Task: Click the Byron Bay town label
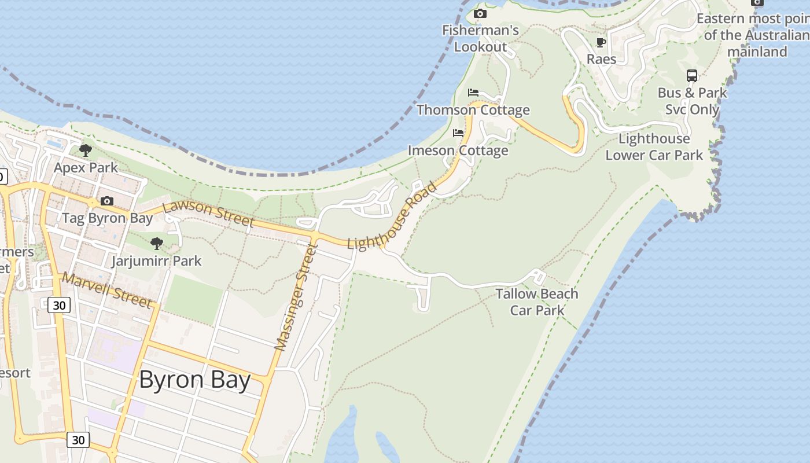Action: [x=194, y=381]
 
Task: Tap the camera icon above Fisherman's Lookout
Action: [x=480, y=13]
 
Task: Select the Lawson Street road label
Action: [x=209, y=214]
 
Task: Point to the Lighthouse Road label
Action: [x=392, y=216]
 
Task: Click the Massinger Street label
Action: [x=297, y=297]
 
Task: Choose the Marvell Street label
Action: [x=108, y=290]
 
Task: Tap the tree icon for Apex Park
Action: [x=86, y=150]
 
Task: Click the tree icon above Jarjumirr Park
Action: [x=156, y=244]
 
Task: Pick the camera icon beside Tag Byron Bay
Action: [x=107, y=201]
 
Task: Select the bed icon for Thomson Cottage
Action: [x=473, y=93]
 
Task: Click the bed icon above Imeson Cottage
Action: [x=458, y=133]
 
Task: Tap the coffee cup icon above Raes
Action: [x=601, y=42]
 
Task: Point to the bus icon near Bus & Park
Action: [x=692, y=75]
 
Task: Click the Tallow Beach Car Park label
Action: [x=537, y=302]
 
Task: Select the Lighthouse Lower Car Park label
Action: [x=654, y=147]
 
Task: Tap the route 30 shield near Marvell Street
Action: [x=59, y=305]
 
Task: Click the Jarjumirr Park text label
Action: [x=156, y=261]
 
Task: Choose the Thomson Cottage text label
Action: [x=473, y=110]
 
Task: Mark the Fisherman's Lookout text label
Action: [x=480, y=38]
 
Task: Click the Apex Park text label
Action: [x=86, y=168]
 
